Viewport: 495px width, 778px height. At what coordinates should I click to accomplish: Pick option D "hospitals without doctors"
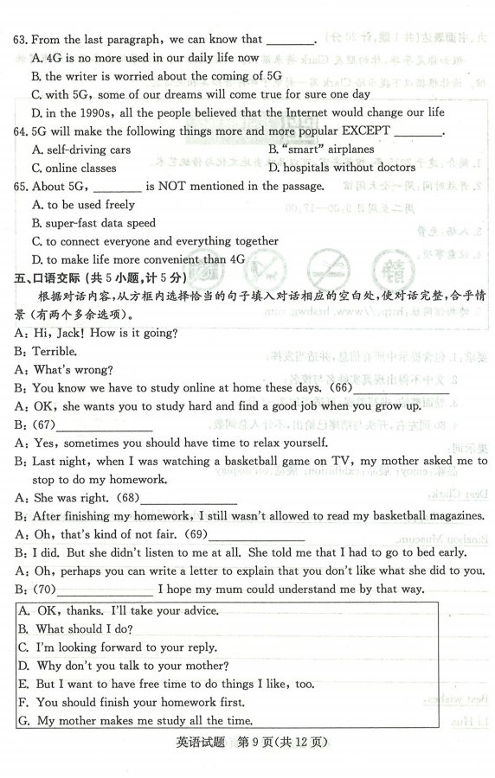(x=336, y=168)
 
